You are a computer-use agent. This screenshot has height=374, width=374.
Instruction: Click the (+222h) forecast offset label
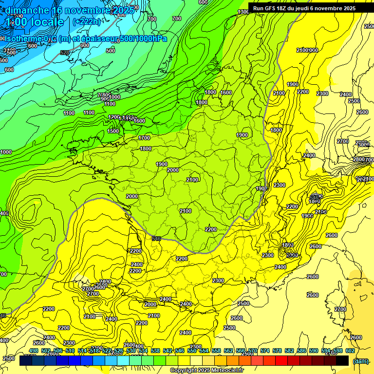tap(86, 21)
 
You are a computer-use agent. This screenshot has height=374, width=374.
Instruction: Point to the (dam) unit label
tap(360, 361)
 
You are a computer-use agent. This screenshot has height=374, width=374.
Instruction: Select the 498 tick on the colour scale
tap(34, 351)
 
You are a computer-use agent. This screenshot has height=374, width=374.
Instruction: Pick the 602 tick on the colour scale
tap(350, 351)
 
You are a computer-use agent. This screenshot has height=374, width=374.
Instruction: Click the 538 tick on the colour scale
tap(155, 351)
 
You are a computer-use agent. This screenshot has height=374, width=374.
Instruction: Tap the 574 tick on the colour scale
tap(265, 351)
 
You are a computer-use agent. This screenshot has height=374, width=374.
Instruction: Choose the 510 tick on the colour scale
tap(70, 351)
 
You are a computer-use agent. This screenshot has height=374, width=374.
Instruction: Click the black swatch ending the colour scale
tap(342, 360)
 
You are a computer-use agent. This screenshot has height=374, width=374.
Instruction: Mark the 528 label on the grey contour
tap(64, 53)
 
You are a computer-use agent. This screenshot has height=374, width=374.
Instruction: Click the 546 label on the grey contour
tap(156, 238)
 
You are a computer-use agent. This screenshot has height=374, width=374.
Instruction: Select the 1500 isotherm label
tap(113, 131)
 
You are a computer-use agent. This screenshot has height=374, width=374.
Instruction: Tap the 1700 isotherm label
tap(144, 138)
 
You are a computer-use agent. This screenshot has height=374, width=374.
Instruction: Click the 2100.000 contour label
tap(307, 50)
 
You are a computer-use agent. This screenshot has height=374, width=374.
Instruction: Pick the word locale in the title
tap(45, 22)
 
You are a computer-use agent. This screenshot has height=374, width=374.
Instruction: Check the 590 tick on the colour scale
tap(314, 351)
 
